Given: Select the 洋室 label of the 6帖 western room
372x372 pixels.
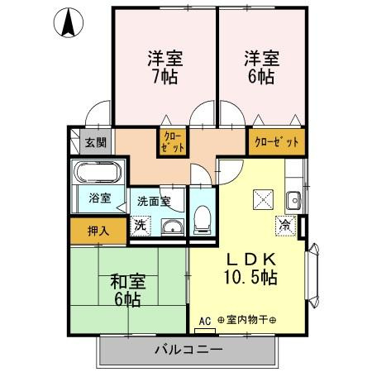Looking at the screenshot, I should click(260, 59).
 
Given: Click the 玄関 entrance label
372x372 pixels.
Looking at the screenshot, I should click(96, 142).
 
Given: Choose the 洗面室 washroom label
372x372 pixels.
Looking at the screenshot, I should click(154, 201).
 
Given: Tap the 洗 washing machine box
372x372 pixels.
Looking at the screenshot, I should click(141, 225).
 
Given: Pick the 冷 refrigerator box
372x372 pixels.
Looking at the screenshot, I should click(285, 224).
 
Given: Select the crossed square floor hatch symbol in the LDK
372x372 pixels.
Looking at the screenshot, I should click(263, 198).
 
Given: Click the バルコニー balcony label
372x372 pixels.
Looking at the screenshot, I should click(188, 351).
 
